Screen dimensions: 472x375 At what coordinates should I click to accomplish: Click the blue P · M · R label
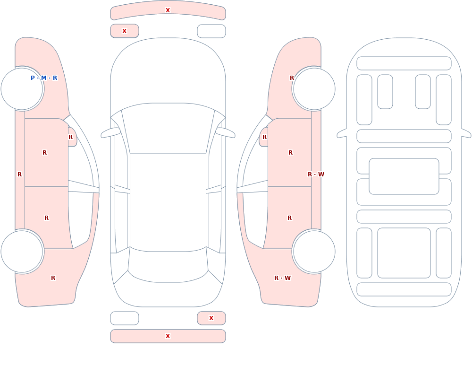pos(44,78)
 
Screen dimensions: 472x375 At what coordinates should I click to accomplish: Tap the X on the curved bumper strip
pos(168,10)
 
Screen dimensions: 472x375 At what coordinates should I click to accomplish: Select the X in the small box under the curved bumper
pos(124,31)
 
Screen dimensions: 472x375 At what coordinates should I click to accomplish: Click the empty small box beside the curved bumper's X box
pos(211,31)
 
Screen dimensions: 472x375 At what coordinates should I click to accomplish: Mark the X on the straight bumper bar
pos(168,336)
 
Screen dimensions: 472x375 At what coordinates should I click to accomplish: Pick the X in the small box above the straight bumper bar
pos(211,318)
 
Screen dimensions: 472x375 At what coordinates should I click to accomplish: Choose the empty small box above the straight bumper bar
pos(124,318)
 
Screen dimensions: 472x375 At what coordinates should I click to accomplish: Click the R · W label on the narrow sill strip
pos(316,174)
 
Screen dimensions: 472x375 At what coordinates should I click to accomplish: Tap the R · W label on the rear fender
pos(282,278)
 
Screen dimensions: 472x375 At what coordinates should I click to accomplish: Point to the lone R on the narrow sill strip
pos(19,174)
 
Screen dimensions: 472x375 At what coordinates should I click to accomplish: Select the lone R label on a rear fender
pos(53,278)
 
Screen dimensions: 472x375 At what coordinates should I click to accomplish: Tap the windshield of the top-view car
pos(168,128)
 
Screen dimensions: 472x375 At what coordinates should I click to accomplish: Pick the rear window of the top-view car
pos(168,265)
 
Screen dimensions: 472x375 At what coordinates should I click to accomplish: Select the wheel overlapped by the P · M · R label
pos(22,89)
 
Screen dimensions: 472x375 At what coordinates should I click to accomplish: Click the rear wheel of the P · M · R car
pos(22,251)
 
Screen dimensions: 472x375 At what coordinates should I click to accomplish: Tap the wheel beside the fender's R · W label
pos(314,251)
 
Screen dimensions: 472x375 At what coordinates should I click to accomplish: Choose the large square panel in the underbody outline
pos(404,253)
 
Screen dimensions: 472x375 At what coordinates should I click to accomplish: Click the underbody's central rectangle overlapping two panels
pos(404,176)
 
